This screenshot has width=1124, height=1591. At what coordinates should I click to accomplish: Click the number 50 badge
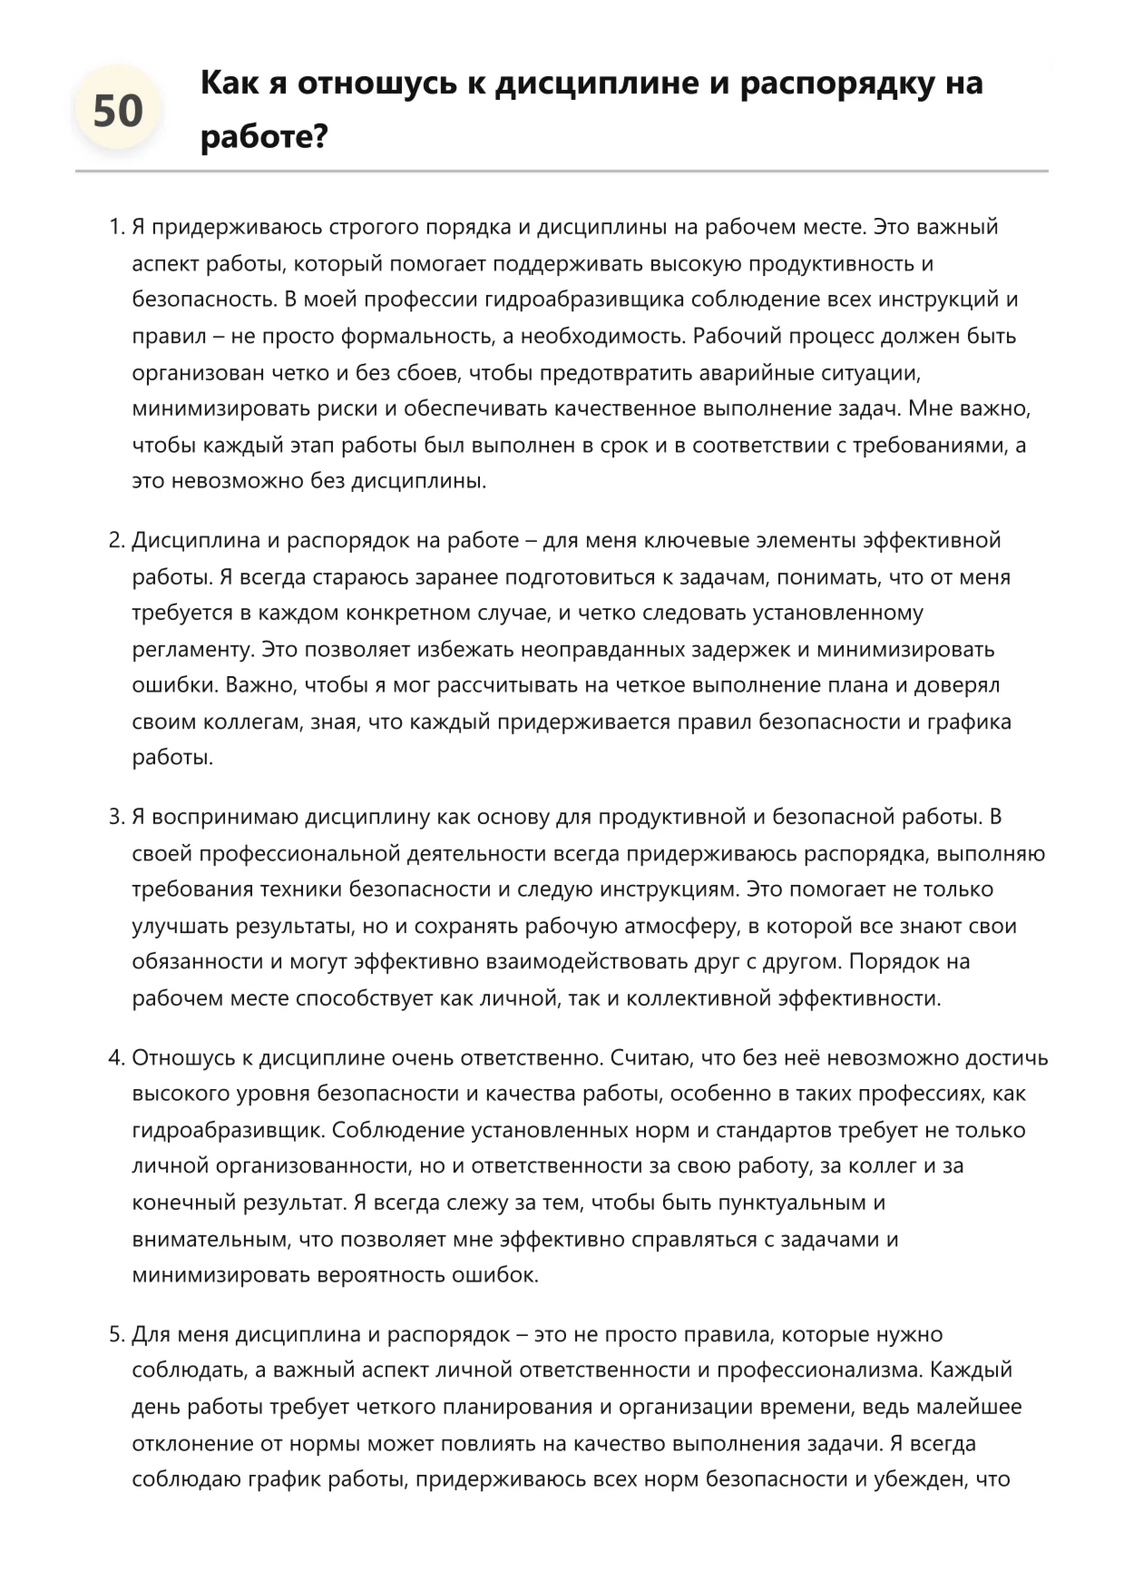[x=118, y=111]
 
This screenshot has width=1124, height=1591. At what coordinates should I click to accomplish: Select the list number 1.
[x=115, y=227]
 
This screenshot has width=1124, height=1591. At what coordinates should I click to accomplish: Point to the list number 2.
[x=115, y=541]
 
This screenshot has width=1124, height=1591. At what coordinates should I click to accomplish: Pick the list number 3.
[x=115, y=817]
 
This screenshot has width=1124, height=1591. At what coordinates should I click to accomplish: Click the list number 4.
[x=115, y=1058]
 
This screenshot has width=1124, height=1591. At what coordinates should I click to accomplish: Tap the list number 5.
[x=115, y=1335]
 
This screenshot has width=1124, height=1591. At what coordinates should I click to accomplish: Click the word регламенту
[x=190, y=650]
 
